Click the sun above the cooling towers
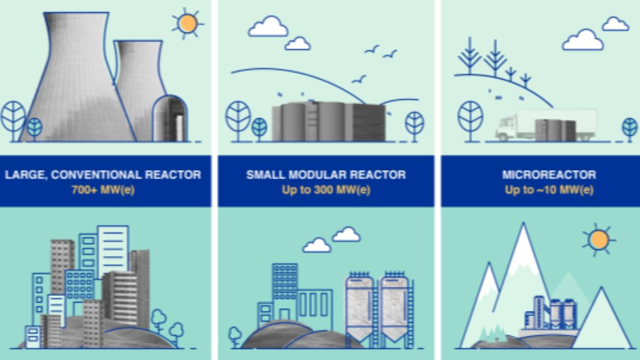click(x=187, y=23)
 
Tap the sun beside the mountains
click(x=599, y=239)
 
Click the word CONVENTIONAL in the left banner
click(x=97, y=175)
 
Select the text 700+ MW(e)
click(x=103, y=190)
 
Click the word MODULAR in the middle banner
click(x=318, y=175)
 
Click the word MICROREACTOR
click(x=549, y=175)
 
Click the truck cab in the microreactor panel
click(x=506, y=127)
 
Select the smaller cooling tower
click(x=140, y=86)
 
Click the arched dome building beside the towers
click(x=170, y=118)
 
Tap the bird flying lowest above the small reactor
click(x=358, y=79)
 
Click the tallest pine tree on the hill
click(x=495, y=59)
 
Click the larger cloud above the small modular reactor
click(x=268, y=27)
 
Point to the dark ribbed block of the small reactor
click(x=369, y=122)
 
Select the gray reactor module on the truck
click(x=555, y=130)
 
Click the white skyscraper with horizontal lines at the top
click(x=113, y=251)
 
